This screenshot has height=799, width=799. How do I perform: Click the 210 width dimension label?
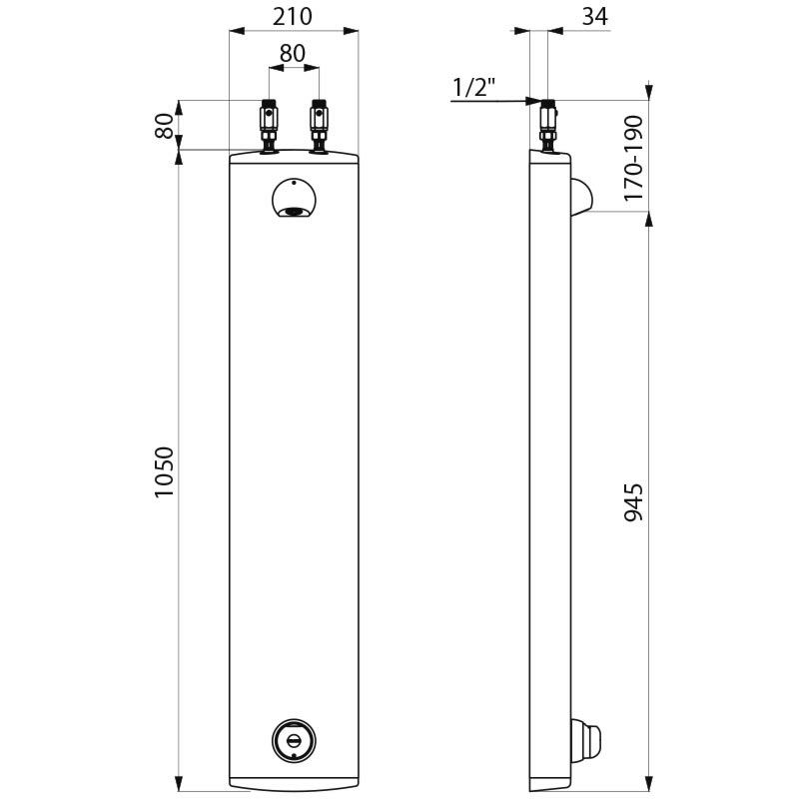[294, 17]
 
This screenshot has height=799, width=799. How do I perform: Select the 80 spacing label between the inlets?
[293, 54]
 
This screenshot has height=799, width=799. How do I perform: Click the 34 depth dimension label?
[592, 17]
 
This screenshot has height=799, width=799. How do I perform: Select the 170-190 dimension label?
[634, 158]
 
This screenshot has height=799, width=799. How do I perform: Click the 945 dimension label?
[634, 502]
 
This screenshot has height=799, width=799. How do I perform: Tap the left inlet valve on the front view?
[268, 125]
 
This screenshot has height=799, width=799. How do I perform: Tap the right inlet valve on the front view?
[318, 125]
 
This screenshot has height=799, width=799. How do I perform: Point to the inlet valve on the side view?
[548, 126]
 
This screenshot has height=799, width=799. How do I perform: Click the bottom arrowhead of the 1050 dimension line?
[180, 782]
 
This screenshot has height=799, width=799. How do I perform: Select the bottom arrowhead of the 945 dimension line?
[650, 782]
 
